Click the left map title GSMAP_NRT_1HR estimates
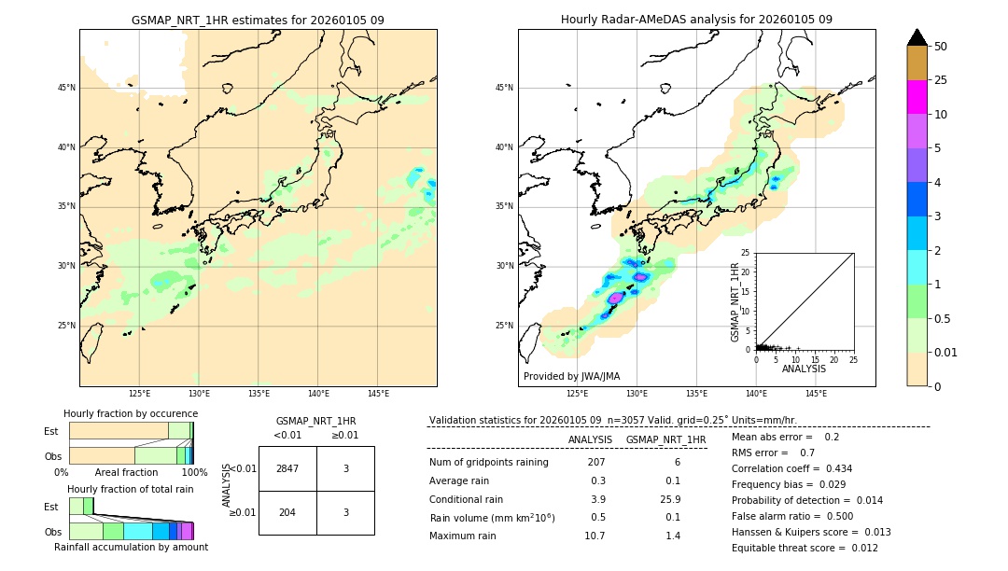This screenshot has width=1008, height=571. [258, 20]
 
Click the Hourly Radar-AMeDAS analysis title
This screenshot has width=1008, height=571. [696, 20]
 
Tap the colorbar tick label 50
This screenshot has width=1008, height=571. [941, 47]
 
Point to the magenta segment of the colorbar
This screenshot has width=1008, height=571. [917, 97]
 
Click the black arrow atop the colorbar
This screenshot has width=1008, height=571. [917, 37]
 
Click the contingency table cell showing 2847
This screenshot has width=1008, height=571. [287, 468]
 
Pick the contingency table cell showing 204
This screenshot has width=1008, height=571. [287, 513]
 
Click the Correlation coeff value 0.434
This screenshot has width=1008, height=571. [833, 468]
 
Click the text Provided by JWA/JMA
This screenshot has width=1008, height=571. [571, 376]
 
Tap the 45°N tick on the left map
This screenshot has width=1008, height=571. [66, 88]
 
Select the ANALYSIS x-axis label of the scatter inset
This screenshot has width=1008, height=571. [804, 369]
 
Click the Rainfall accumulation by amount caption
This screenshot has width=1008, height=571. [131, 547]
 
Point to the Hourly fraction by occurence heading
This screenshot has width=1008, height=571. [131, 413]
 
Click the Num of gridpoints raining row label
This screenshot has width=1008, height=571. [489, 463]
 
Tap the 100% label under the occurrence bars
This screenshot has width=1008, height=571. [194, 472]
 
